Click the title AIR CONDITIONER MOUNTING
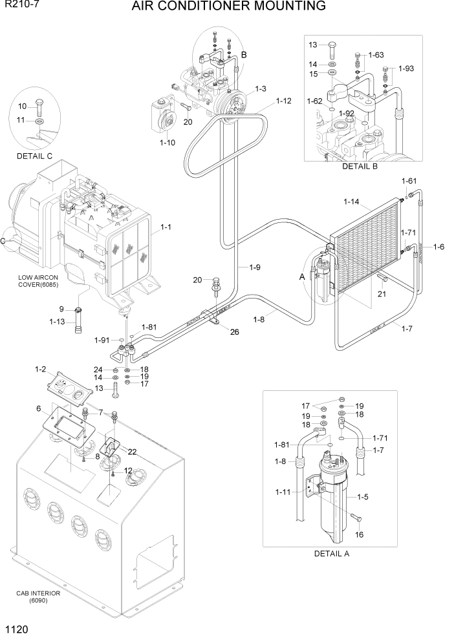[x=228, y=7]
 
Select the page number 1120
[x=17, y=628]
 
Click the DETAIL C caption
[x=35, y=156]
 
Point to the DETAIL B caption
[x=360, y=166]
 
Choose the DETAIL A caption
[x=332, y=553]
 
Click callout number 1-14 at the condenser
[x=351, y=202]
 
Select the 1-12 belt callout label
[x=284, y=101]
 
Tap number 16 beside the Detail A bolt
[x=360, y=534]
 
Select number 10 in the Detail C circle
[x=22, y=106]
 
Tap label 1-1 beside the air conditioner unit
[x=166, y=227]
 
